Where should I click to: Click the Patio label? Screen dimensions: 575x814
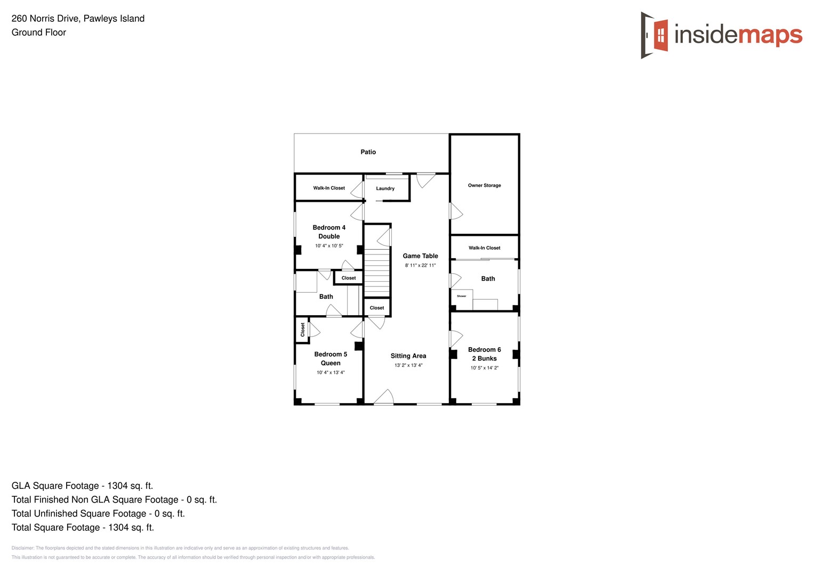coord(368,152)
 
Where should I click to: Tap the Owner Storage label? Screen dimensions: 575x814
coord(484,186)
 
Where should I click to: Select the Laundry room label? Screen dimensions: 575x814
coord(385,188)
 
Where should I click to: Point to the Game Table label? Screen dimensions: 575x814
coord(420,256)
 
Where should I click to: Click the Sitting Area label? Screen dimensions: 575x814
coord(408,356)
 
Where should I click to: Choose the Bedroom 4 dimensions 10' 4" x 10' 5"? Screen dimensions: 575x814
coord(329,246)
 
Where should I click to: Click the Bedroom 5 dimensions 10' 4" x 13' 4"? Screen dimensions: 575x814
coord(331,373)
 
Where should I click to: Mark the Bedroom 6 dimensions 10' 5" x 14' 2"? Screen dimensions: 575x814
coord(484,368)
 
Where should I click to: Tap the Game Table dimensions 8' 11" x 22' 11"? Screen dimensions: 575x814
coord(420,266)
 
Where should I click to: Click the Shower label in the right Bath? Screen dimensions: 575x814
coord(462,296)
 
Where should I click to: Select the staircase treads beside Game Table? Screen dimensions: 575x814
coord(377,273)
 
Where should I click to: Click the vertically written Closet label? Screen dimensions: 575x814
coord(303,330)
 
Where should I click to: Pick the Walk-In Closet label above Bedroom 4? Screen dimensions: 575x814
coord(329,188)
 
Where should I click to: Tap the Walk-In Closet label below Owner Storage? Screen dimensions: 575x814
coord(484,248)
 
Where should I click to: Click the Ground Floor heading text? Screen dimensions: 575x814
coord(39,32)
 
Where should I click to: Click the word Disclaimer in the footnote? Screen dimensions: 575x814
coord(22,548)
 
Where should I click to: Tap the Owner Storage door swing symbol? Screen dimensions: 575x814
coord(456,211)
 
